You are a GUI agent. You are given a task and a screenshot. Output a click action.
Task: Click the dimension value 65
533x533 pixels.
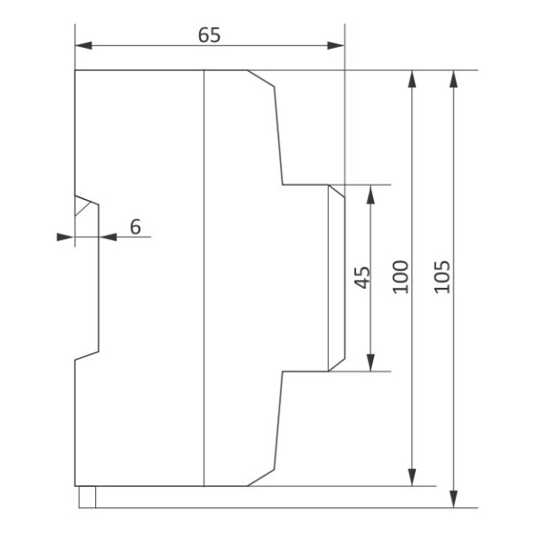[x=209, y=35]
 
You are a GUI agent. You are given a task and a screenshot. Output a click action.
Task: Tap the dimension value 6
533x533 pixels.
[x=135, y=227]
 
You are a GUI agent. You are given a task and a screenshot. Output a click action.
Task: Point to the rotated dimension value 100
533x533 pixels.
[x=401, y=278]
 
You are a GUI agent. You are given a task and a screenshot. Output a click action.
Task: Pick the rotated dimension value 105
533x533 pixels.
[x=444, y=278]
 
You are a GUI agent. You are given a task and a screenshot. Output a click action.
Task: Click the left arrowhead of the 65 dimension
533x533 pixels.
[x=83, y=45]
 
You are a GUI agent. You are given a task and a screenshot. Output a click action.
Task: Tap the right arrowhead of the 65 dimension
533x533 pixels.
[x=337, y=45]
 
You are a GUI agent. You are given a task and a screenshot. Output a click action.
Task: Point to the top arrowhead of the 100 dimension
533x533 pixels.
[x=412, y=77]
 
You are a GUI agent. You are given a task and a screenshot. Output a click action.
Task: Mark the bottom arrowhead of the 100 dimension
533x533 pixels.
[x=412, y=478]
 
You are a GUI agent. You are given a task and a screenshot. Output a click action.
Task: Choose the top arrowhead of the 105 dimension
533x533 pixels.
[x=455, y=77]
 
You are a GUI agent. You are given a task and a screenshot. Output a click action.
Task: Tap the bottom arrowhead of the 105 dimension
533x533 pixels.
[x=455, y=500]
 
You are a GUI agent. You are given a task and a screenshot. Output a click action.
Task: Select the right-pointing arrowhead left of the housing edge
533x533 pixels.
[x=64, y=236]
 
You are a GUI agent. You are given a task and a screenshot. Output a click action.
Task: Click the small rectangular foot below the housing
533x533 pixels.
[x=86, y=497]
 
